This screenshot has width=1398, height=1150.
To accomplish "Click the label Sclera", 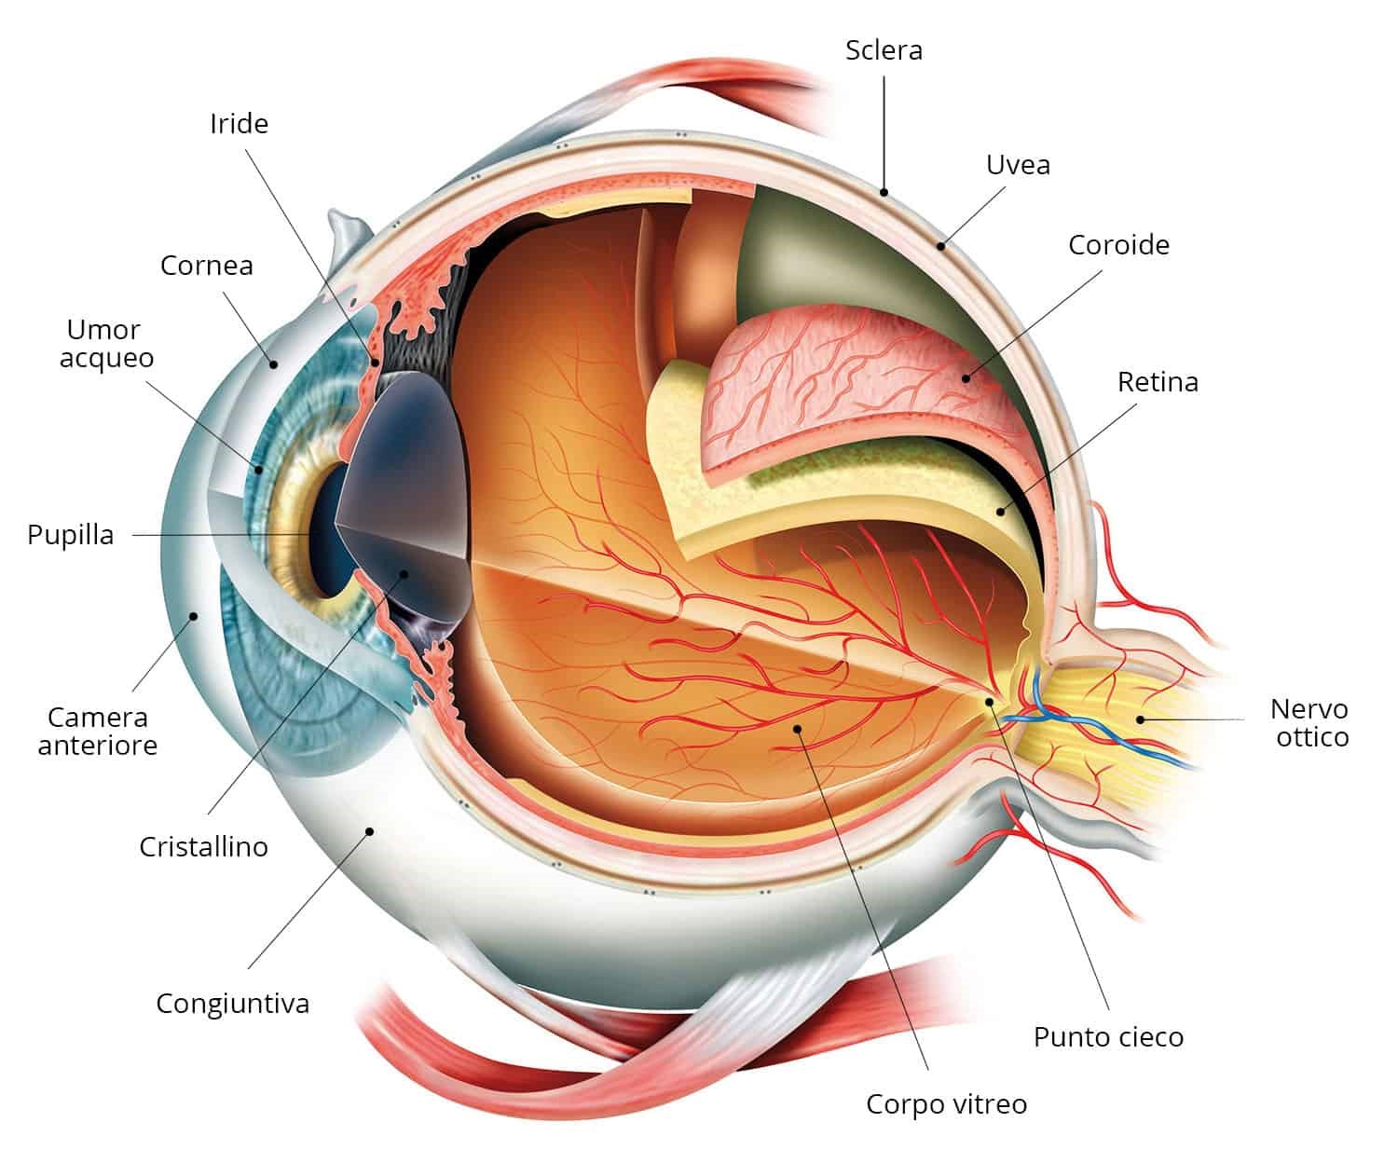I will pyautogui.click(x=884, y=49).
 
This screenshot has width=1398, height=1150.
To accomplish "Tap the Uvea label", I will pyautogui.click(x=1018, y=165).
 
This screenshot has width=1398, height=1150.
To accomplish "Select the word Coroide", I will pyautogui.click(x=1118, y=245).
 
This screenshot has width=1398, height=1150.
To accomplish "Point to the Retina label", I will pyautogui.click(x=1158, y=382).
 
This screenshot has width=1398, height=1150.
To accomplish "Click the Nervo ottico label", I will pyautogui.click(x=1309, y=723).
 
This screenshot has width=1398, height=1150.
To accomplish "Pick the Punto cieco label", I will pyautogui.click(x=1108, y=1037).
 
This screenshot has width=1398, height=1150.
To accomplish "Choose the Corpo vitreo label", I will pyautogui.click(x=946, y=1104).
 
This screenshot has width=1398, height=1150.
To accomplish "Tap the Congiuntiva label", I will pyautogui.click(x=232, y=1004).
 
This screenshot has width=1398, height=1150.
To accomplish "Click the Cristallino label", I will pyautogui.click(x=203, y=847).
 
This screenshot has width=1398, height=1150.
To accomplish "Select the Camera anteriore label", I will pyautogui.click(x=98, y=732).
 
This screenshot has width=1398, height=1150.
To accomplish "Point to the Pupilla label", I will pyautogui.click(x=71, y=535).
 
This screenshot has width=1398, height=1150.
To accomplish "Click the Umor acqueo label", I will pyautogui.click(x=106, y=344).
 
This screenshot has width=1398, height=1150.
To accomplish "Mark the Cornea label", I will pyautogui.click(x=206, y=266).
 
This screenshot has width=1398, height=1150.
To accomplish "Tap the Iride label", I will pyautogui.click(x=239, y=124).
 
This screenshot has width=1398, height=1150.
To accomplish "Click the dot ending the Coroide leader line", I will pyautogui.click(x=966, y=378).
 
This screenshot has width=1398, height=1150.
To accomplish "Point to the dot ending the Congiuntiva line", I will pyautogui.click(x=370, y=829).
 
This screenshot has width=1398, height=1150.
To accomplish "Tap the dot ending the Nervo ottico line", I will pyautogui.click(x=1139, y=719).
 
